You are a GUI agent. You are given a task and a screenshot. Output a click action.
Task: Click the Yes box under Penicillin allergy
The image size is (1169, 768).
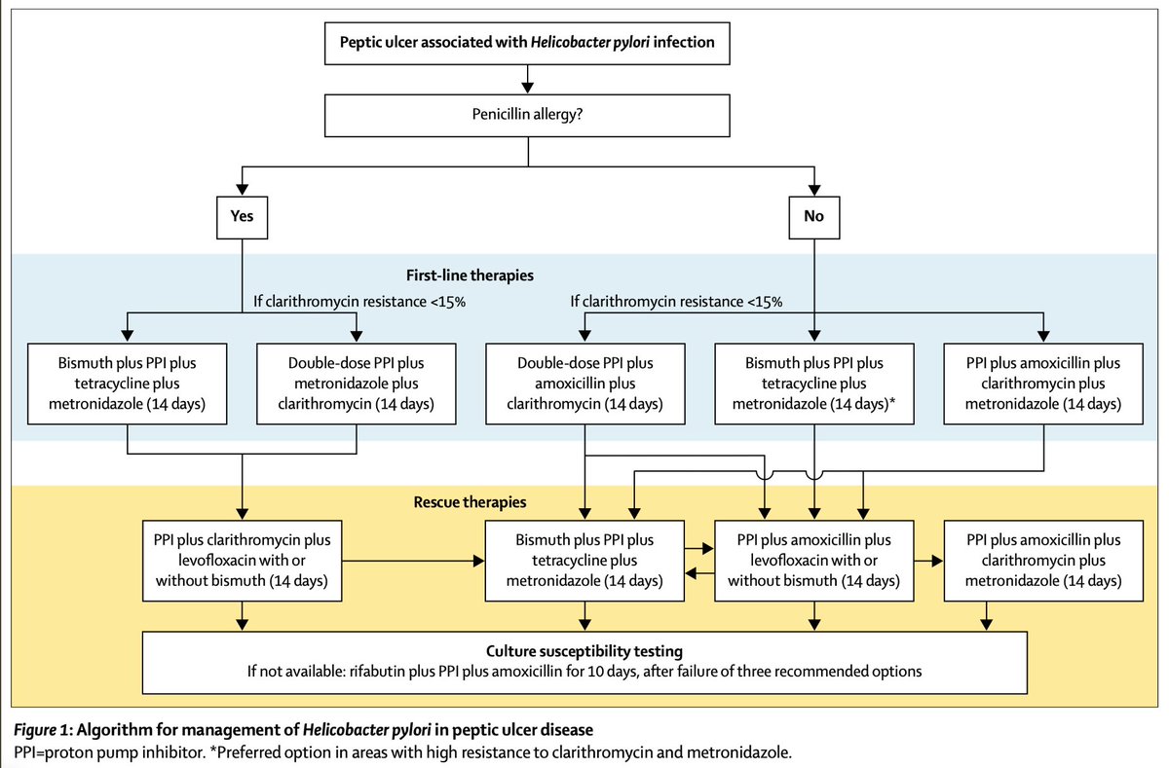(243, 217)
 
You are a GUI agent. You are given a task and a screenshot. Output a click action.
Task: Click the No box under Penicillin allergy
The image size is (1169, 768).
(814, 217)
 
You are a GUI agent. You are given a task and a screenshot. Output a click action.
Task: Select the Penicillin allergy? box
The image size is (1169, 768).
(527, 116)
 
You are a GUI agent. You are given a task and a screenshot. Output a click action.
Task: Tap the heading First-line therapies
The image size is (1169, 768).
(470, 275)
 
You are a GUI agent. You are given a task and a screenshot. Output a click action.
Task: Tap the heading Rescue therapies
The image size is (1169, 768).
(470, 502)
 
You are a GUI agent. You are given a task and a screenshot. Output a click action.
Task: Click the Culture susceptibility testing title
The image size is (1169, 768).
(584, 651)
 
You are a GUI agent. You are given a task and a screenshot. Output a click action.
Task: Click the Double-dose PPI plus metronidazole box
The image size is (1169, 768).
(357, 384)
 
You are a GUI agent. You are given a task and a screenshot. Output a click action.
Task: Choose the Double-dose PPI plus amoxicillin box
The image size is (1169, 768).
(585, 384)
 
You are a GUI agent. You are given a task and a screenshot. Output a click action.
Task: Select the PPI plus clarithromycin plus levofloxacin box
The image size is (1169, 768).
(243, 561)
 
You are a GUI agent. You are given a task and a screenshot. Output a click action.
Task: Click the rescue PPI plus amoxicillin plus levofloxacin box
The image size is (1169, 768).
(814, 561)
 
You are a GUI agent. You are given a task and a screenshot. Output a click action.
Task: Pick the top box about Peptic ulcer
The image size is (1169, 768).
(527, 43)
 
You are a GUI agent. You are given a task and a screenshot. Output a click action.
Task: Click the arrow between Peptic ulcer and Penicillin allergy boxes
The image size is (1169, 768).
(528, 79)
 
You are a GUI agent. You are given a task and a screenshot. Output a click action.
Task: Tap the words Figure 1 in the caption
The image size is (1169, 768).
(41, 730)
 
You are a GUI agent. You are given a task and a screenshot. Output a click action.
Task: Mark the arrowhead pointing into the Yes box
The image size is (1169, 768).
(243, 190)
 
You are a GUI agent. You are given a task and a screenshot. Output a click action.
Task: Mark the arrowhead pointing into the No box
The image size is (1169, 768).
(814, 190)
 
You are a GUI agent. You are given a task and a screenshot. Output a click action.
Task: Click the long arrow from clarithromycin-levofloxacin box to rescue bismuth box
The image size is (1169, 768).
(413, 561)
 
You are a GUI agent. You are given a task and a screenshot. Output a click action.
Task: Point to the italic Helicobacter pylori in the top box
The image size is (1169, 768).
(590, 42)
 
